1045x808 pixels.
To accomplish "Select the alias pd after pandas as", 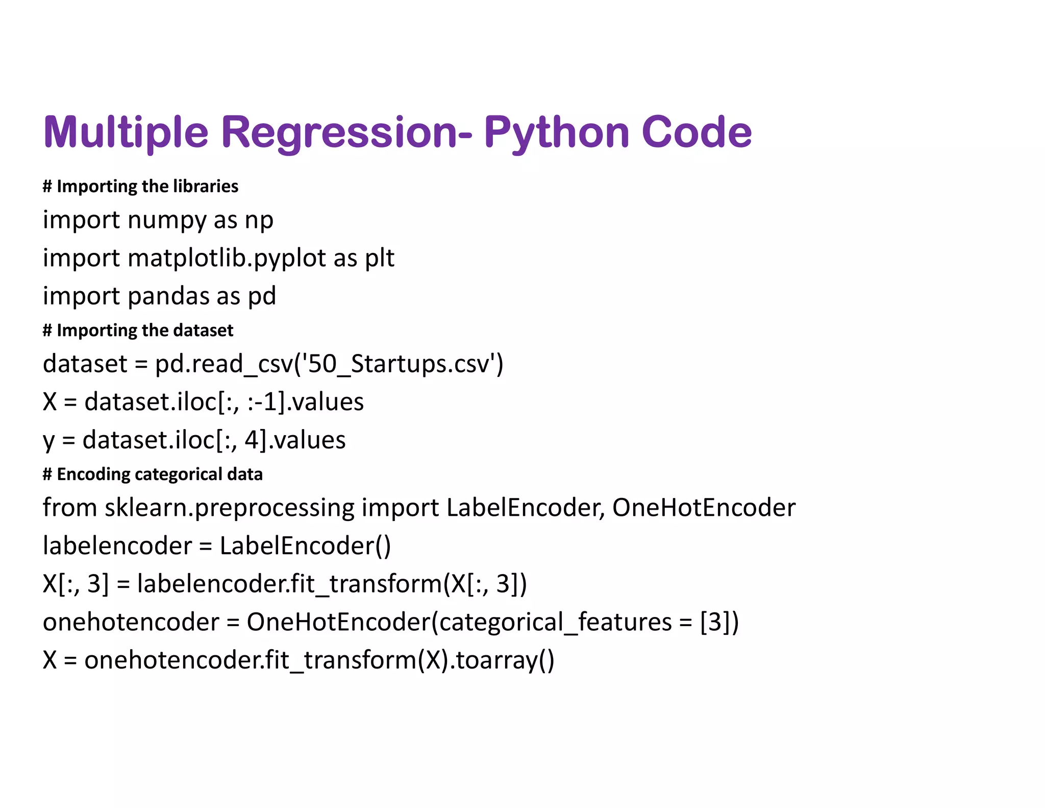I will pyautogui.click(x=262, y=296).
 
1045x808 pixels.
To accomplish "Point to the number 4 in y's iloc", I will pyautogui.click(x=252, y=440).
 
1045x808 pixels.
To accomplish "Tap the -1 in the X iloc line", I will pyautogui.click(x=270, y=402).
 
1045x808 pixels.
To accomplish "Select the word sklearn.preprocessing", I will pyautogui.click(x=229, y=508).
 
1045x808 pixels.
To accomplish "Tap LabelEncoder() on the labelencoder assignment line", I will pyautogui.click(x=305, y=546).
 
